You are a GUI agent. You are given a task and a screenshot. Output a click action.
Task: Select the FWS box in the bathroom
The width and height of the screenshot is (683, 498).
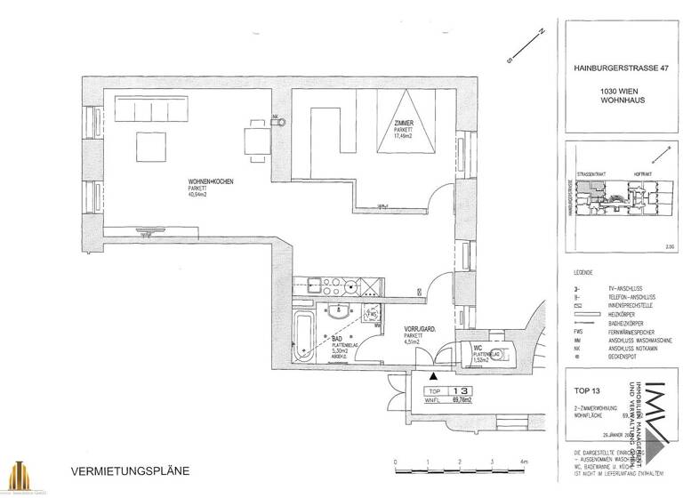point(374,315)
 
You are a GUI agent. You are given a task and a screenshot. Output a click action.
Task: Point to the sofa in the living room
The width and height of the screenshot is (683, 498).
point(149,111)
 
